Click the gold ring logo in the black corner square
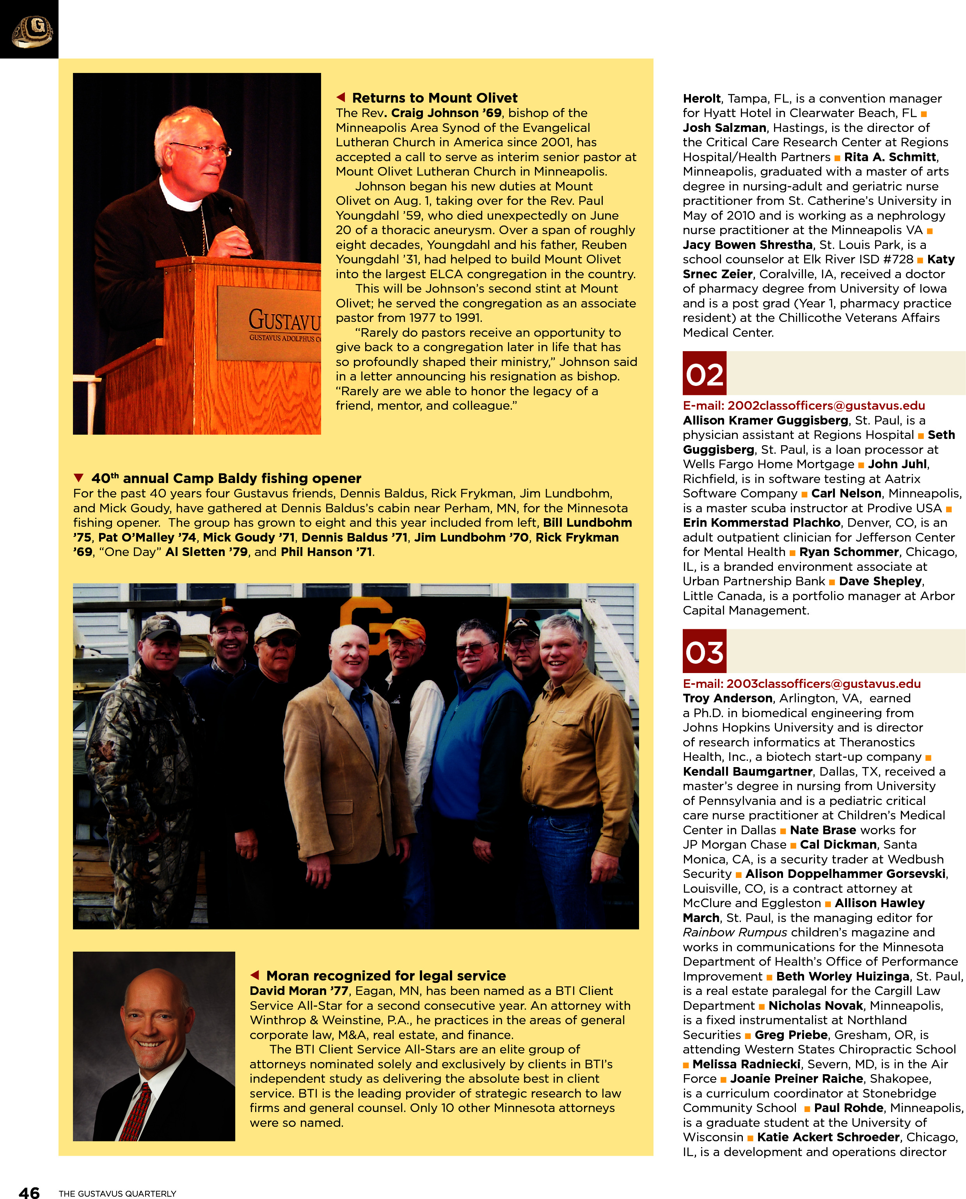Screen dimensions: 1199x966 point(32,31)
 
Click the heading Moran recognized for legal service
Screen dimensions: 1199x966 point(385,976)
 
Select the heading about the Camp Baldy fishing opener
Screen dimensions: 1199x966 point(226,478)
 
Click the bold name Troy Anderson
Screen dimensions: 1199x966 point(727,698)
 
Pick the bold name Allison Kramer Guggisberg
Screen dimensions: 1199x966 point(765,420)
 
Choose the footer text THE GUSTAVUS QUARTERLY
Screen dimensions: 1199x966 point(117,1194)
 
